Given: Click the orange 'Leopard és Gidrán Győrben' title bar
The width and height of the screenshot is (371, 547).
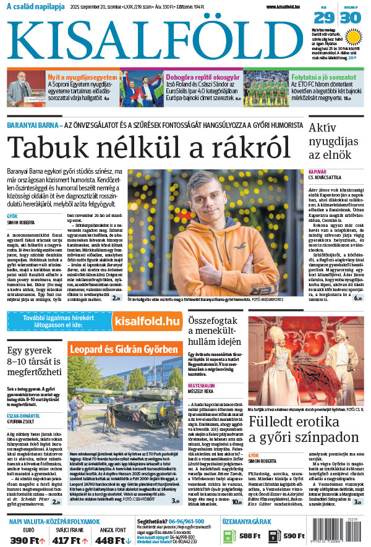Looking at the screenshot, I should [124, 350].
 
